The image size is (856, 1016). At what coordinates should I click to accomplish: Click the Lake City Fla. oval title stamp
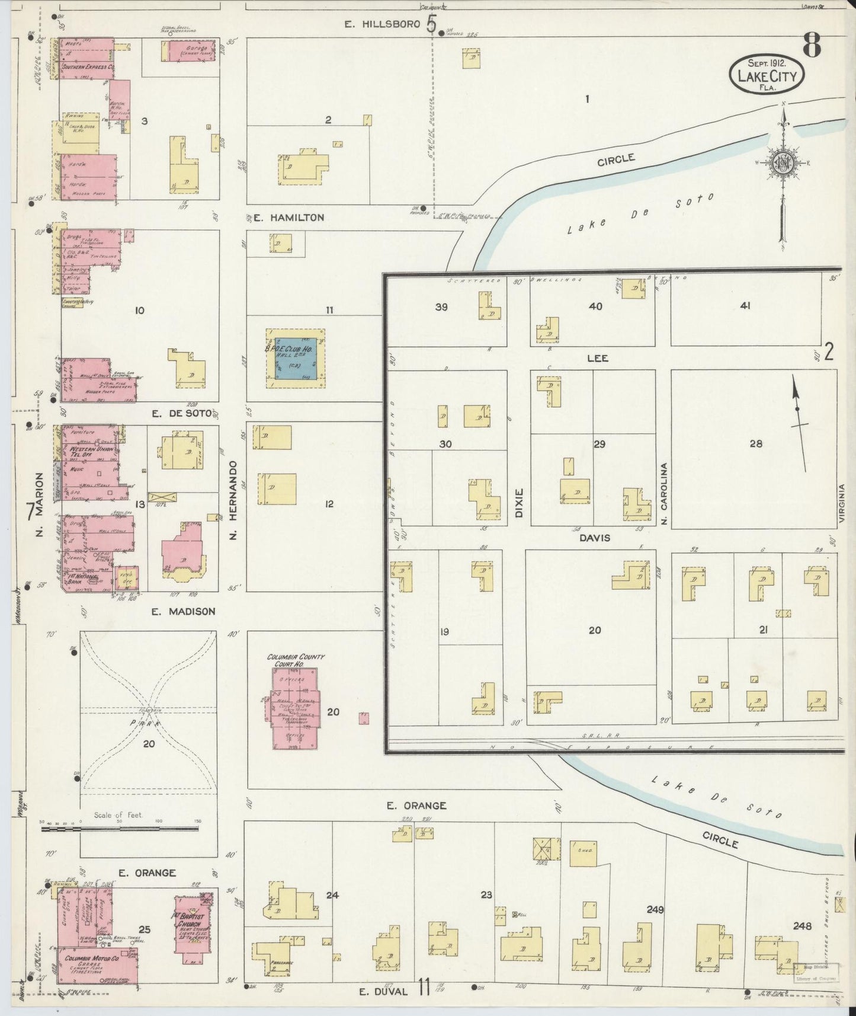767,74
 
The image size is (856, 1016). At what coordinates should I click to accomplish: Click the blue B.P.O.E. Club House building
295,358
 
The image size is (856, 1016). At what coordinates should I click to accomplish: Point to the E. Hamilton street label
288,218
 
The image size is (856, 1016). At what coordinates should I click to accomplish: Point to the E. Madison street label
183,611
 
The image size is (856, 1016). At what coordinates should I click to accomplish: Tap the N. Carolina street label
664,494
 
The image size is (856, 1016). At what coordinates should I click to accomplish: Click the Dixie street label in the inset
520,503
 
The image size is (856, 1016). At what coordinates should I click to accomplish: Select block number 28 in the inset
755,443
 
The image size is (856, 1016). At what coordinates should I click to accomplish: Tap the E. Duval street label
384,991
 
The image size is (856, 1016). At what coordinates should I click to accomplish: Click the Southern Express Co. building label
88,67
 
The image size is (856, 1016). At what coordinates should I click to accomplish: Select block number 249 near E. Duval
655,910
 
